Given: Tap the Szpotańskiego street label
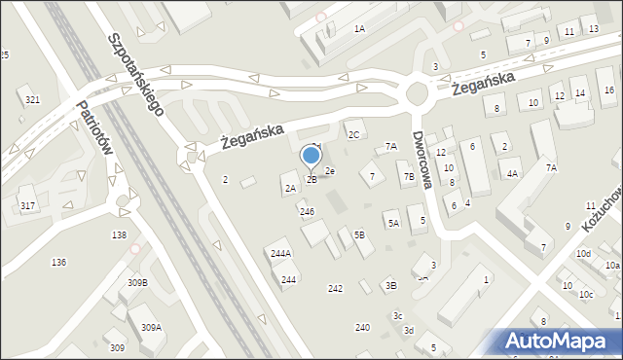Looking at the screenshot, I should tap(136, 74).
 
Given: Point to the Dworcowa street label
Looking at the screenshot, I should tap(421, 161).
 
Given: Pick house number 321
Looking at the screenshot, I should tap(33, 100).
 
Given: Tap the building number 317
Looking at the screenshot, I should tap(27, 204).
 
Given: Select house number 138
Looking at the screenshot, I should tap(119, 235).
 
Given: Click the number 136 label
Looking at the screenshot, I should tap(58, 263).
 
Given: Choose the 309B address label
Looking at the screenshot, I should tap(137, 282).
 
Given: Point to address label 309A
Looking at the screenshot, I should tap(151, 328).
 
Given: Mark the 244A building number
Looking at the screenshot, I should tap(280, 253).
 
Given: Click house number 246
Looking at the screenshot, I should tap(307, 211).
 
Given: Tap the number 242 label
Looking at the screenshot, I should tap(335, 288).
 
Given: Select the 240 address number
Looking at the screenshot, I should tap(362, 327).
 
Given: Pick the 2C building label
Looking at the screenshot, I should tap(354, 134).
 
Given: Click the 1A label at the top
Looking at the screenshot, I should tap(359, 29).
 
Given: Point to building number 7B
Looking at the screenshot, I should tap(409, 176).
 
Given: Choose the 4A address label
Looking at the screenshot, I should tap(512, 173).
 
